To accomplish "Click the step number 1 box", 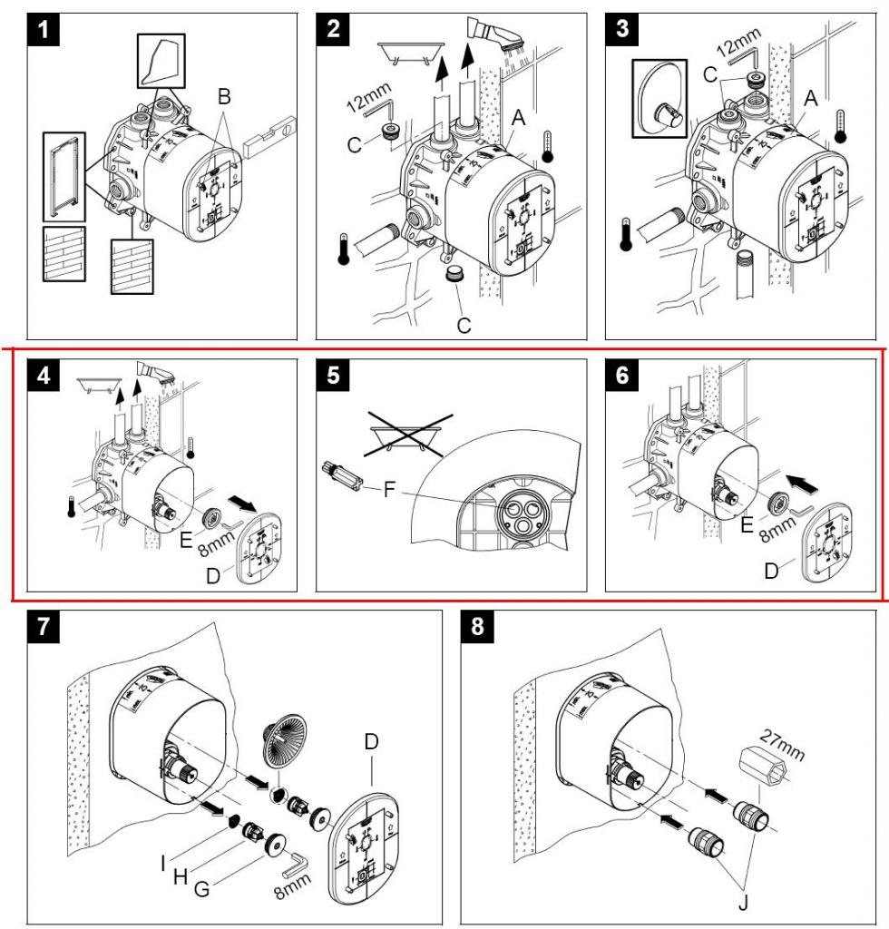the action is [44, 29].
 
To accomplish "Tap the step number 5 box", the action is [333, 375].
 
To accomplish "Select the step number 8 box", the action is [477, 626].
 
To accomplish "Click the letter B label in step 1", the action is [224, 96].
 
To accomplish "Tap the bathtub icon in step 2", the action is [410, 51].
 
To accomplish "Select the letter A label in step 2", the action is [518, 117].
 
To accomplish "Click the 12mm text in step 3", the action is [738, 44].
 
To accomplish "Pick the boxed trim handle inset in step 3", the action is [659, 98].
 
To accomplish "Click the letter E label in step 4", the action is [186, 539].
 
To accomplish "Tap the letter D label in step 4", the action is [212, 575].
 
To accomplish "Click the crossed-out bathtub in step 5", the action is [408, 435].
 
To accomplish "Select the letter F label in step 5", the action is [389, 489].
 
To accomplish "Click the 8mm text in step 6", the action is [777, 529].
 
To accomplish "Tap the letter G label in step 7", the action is [201, 889].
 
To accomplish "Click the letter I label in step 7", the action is [163, 864].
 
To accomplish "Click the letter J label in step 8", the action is [743, 903].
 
